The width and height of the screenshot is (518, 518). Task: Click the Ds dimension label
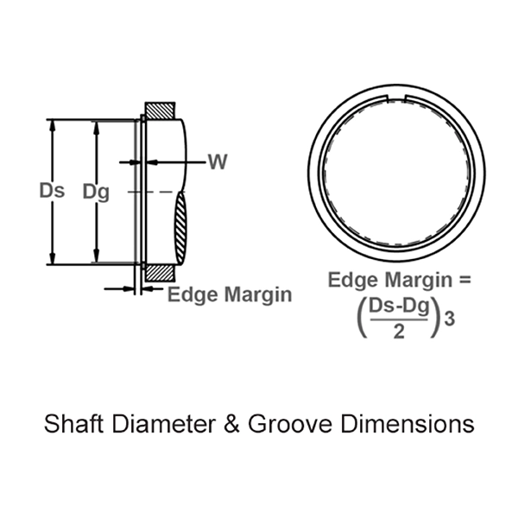[x=52, y=192]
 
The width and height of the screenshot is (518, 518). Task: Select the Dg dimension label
[x=96, y=192]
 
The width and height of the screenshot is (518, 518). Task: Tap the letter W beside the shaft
[x=218, y=161]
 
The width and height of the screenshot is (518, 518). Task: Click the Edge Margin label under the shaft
[x=229, y=294]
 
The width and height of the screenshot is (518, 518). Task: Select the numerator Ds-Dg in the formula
[x=398, y=307]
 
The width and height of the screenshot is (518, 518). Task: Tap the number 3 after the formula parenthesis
[x=448, y=319]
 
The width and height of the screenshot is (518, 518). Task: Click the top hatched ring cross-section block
[x=160, y=111]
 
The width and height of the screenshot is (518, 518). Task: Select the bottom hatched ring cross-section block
[x=160, y=272]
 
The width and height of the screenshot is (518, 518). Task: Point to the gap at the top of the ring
[x=398, y=114]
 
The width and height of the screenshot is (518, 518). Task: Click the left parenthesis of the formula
[x=358, y=318]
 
